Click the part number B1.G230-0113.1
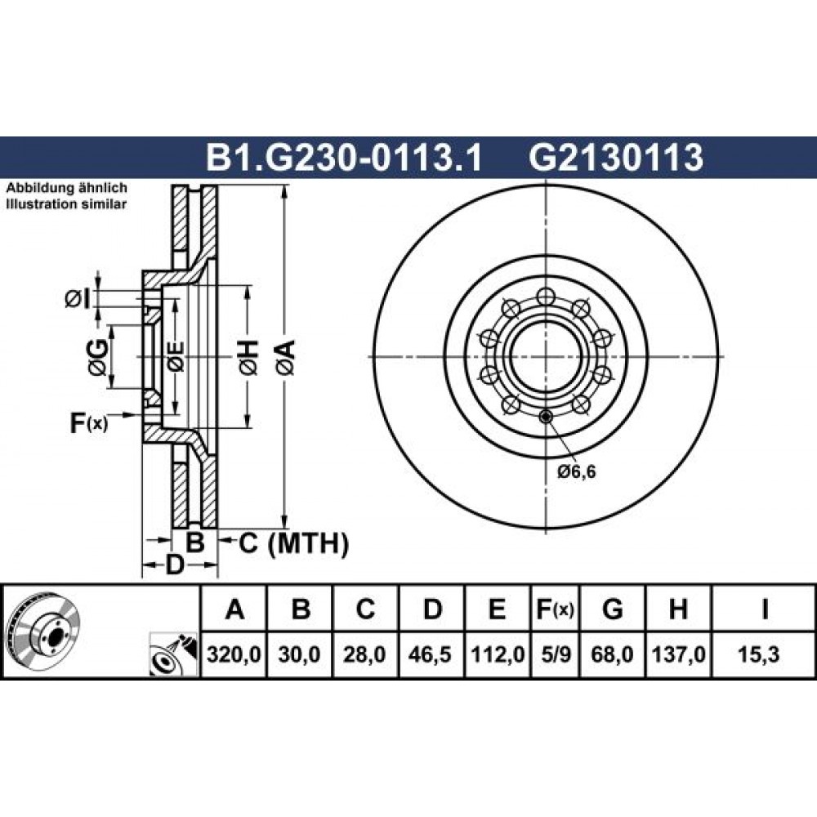(345, 158)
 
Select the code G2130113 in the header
(616, 158)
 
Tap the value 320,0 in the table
(234, 654)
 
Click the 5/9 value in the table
(556, 654)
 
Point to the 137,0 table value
(678, 654)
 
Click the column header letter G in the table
(612, 609)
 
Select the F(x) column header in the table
(556, 609)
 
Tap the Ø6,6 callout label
(576, 472)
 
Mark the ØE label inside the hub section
(176, 357)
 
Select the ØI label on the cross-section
(78, 299)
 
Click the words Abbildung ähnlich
(66, 188)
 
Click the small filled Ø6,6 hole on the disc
(545, 417)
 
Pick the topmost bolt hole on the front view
(545, 296)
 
